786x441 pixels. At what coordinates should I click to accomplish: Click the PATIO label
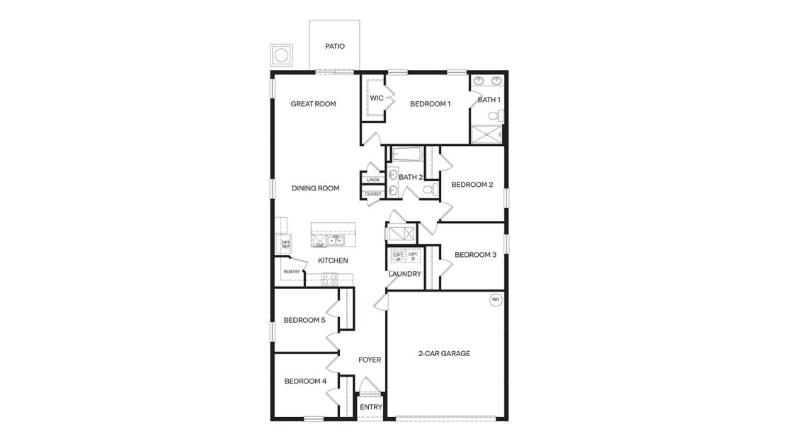334,46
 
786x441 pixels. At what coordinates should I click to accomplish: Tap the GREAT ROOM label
313,104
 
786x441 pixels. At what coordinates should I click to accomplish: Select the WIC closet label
377,98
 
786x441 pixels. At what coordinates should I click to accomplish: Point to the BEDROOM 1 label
430,104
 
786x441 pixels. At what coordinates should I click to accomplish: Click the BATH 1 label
489,100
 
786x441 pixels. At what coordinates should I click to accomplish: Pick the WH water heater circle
496,300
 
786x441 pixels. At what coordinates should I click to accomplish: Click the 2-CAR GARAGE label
444,353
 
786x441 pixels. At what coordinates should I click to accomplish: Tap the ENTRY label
371,407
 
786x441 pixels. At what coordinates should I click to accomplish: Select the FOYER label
370,360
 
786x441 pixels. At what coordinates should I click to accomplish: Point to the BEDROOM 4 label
305,381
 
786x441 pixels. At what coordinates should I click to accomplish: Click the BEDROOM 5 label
304,320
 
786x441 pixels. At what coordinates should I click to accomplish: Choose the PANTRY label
292,271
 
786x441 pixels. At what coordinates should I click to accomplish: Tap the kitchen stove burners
329,280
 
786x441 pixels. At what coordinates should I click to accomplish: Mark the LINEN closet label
372,180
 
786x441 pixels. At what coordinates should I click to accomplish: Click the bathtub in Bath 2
407,154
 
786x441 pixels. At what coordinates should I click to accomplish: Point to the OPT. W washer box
398,256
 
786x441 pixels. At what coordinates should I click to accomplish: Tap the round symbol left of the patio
281,55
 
